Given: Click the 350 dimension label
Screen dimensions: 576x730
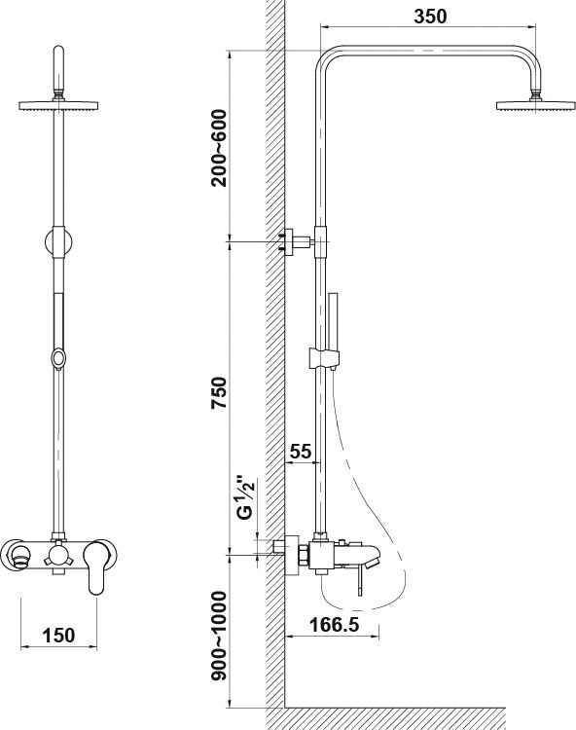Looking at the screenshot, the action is pos(429,17).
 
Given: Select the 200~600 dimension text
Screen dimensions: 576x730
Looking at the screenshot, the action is pos(219,148).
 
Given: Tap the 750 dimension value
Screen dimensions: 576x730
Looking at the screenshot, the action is pos(219,393).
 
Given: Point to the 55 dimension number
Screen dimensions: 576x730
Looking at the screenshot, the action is pos(300,451).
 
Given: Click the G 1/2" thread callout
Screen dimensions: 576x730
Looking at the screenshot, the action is pos(245,497).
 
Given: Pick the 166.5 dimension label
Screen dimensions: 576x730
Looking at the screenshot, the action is pos(334,625).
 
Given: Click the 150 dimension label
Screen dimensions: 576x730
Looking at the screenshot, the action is pos(58,635).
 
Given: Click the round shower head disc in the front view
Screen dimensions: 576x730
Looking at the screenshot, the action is pos(58,106).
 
